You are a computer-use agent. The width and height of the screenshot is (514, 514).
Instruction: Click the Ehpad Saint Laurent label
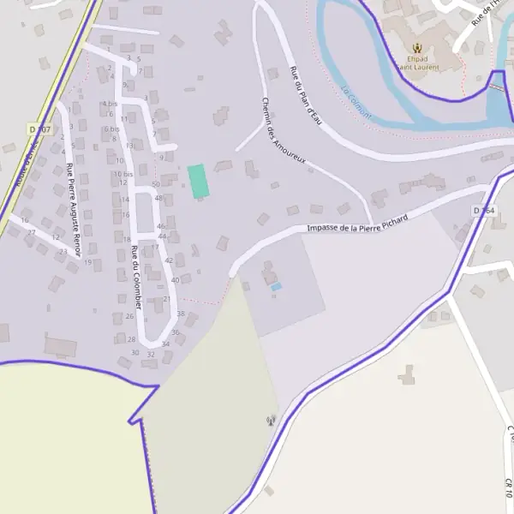(418, 63)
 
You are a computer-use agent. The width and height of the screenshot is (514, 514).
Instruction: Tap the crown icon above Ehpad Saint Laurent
(418, 48)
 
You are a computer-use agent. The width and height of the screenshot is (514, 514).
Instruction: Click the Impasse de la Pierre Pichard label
(357, 221)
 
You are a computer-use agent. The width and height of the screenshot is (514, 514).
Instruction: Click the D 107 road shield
(40, 129)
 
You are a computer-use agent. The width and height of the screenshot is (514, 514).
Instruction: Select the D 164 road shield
(483, 210)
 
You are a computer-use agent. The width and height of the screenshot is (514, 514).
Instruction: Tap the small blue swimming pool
(275, 287)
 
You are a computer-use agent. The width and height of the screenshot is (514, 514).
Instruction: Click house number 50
(155, 184)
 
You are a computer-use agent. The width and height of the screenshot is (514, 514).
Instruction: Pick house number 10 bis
(124, 174)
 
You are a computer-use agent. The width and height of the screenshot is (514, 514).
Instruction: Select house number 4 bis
(110, 104)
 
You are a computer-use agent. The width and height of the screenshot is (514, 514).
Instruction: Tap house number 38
(181, 314)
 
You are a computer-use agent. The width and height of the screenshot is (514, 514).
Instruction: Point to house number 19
(87, 261)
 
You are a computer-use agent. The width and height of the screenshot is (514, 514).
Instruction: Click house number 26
(130, 316)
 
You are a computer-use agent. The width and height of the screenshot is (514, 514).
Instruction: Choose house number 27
(32, 232)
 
